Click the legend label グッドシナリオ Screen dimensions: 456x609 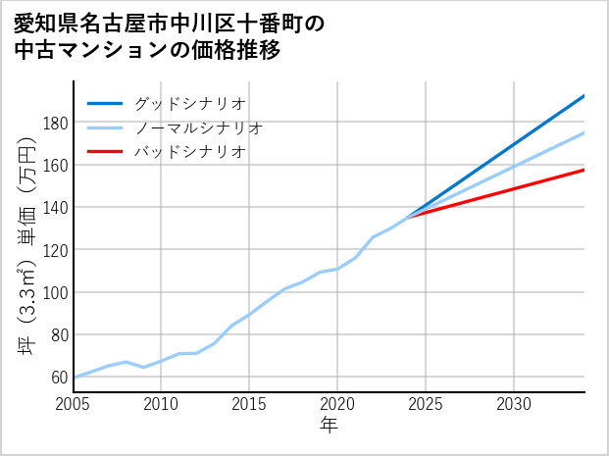coord(189,103)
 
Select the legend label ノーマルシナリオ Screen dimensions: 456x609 coord(198,127)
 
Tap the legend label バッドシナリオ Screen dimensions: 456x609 coord(189,152)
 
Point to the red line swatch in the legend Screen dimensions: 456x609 coord(105,152)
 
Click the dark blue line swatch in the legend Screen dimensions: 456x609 coord(105,103)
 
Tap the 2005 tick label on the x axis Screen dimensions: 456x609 coord(74,404)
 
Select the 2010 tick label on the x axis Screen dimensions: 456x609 coord(162,404)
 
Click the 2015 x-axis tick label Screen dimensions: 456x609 coord(250,404)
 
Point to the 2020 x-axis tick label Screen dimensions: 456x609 coord(337,404)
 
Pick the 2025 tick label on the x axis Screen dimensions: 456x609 coord(426,404)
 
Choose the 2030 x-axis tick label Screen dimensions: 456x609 coord(514,404)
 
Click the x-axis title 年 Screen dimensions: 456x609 coord(330,426)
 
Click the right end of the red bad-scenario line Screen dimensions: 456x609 coord(584,170)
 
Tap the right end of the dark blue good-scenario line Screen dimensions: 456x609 coord(584,95)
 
